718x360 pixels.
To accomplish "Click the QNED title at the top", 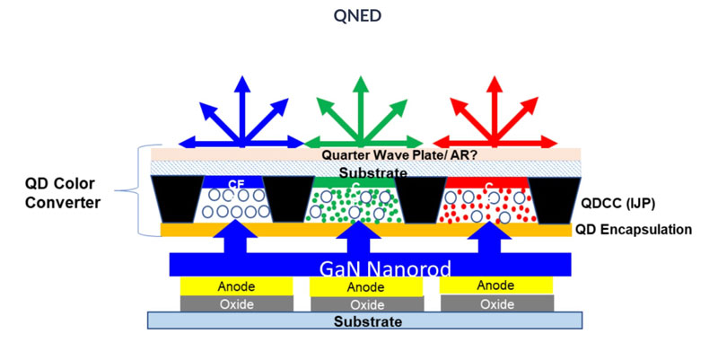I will click(x=358, y=18).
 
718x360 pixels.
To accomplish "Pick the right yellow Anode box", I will click(x=495, y=285).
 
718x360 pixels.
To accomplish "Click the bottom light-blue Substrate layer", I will click(x=364, y=320).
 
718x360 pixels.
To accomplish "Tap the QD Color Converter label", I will click(x=61, y=194).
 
